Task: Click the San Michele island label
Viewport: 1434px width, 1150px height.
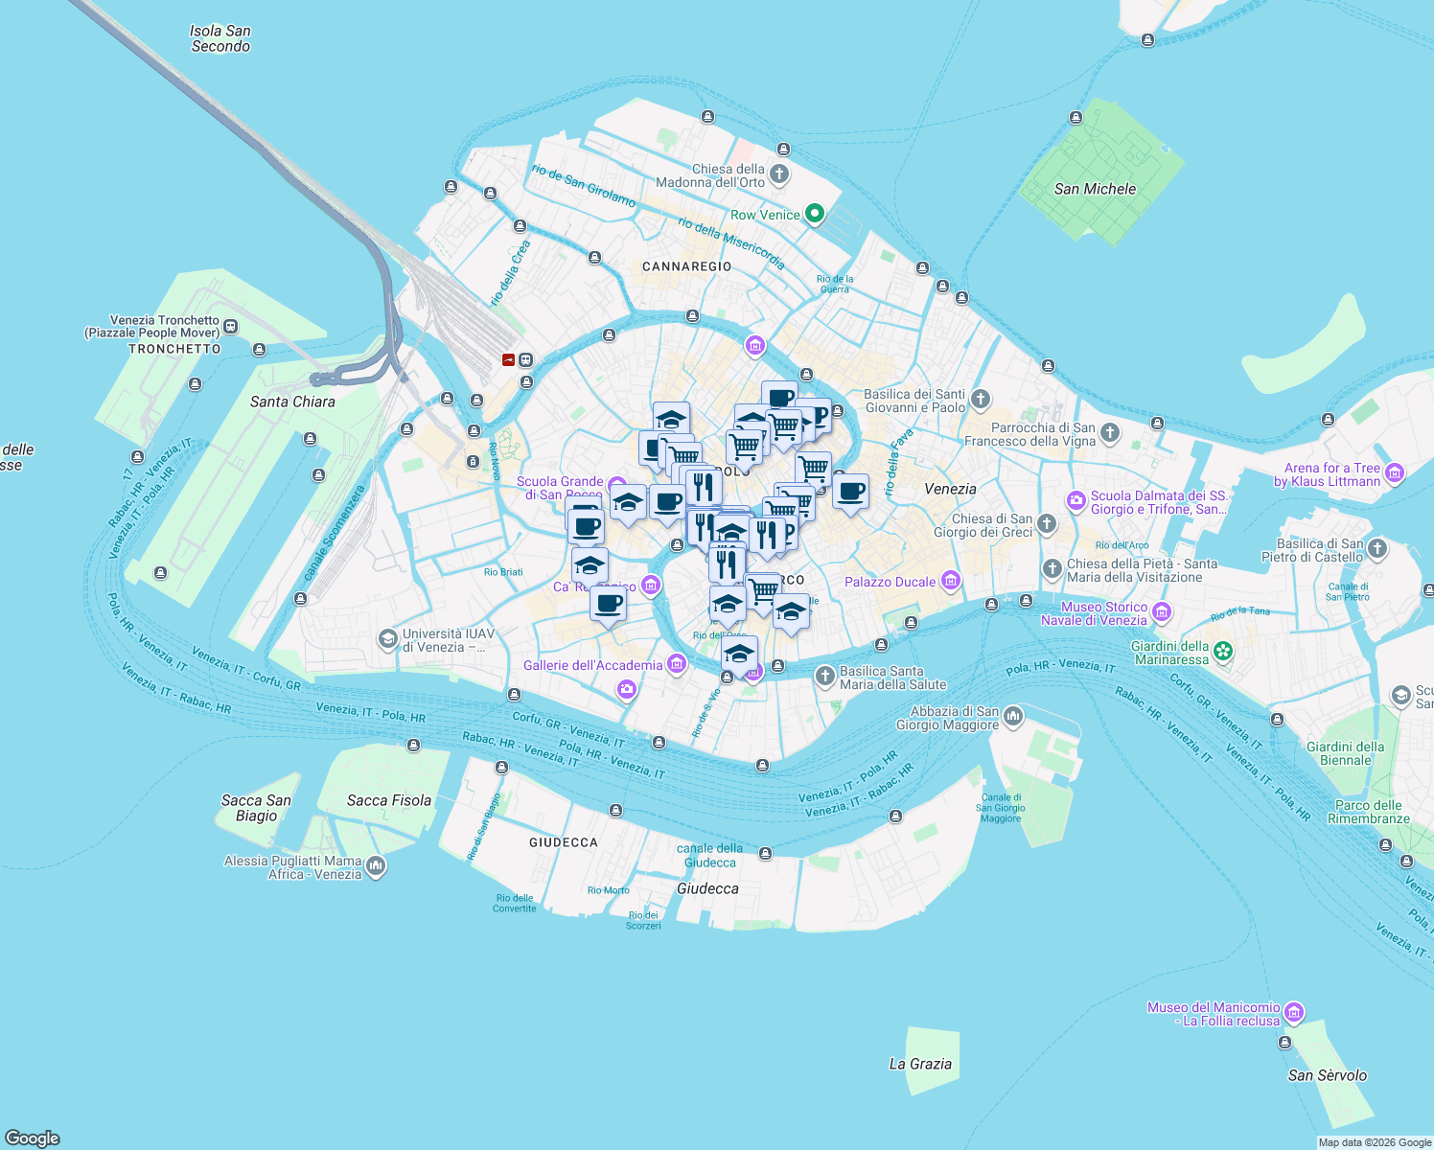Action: [1095, 189]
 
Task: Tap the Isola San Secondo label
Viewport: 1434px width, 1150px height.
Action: [220, 38]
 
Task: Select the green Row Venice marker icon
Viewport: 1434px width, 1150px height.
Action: [815, 214]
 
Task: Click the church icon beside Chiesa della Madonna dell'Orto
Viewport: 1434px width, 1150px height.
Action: [779, 174]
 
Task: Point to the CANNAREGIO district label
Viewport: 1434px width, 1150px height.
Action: [686, 266]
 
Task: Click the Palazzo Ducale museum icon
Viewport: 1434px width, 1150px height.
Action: [951, 581]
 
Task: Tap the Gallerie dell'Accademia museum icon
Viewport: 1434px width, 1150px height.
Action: [677, 664]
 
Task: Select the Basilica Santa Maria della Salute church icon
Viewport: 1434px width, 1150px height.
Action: [824, 677]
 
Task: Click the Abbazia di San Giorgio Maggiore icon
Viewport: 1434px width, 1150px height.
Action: [1013, 717]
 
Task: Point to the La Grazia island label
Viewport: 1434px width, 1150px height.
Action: [920, 1064]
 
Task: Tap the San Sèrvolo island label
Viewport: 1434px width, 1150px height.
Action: [1327, 1075]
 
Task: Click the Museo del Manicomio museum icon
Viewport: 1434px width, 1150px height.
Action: [1293, 1013]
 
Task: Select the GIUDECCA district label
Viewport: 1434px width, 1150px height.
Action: [564, 842]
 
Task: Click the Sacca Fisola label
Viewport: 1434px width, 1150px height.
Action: [389, 800]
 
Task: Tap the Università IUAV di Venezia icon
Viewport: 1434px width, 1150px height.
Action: [387, 639]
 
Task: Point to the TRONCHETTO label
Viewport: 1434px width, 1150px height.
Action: [174, 349]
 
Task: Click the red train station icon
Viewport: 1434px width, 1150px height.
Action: [508, 360]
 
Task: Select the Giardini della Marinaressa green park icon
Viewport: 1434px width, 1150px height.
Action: [1222, 652]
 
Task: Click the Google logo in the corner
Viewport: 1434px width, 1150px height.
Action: [33, 1138]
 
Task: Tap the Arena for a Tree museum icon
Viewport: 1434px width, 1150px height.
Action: [1395, 473]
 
